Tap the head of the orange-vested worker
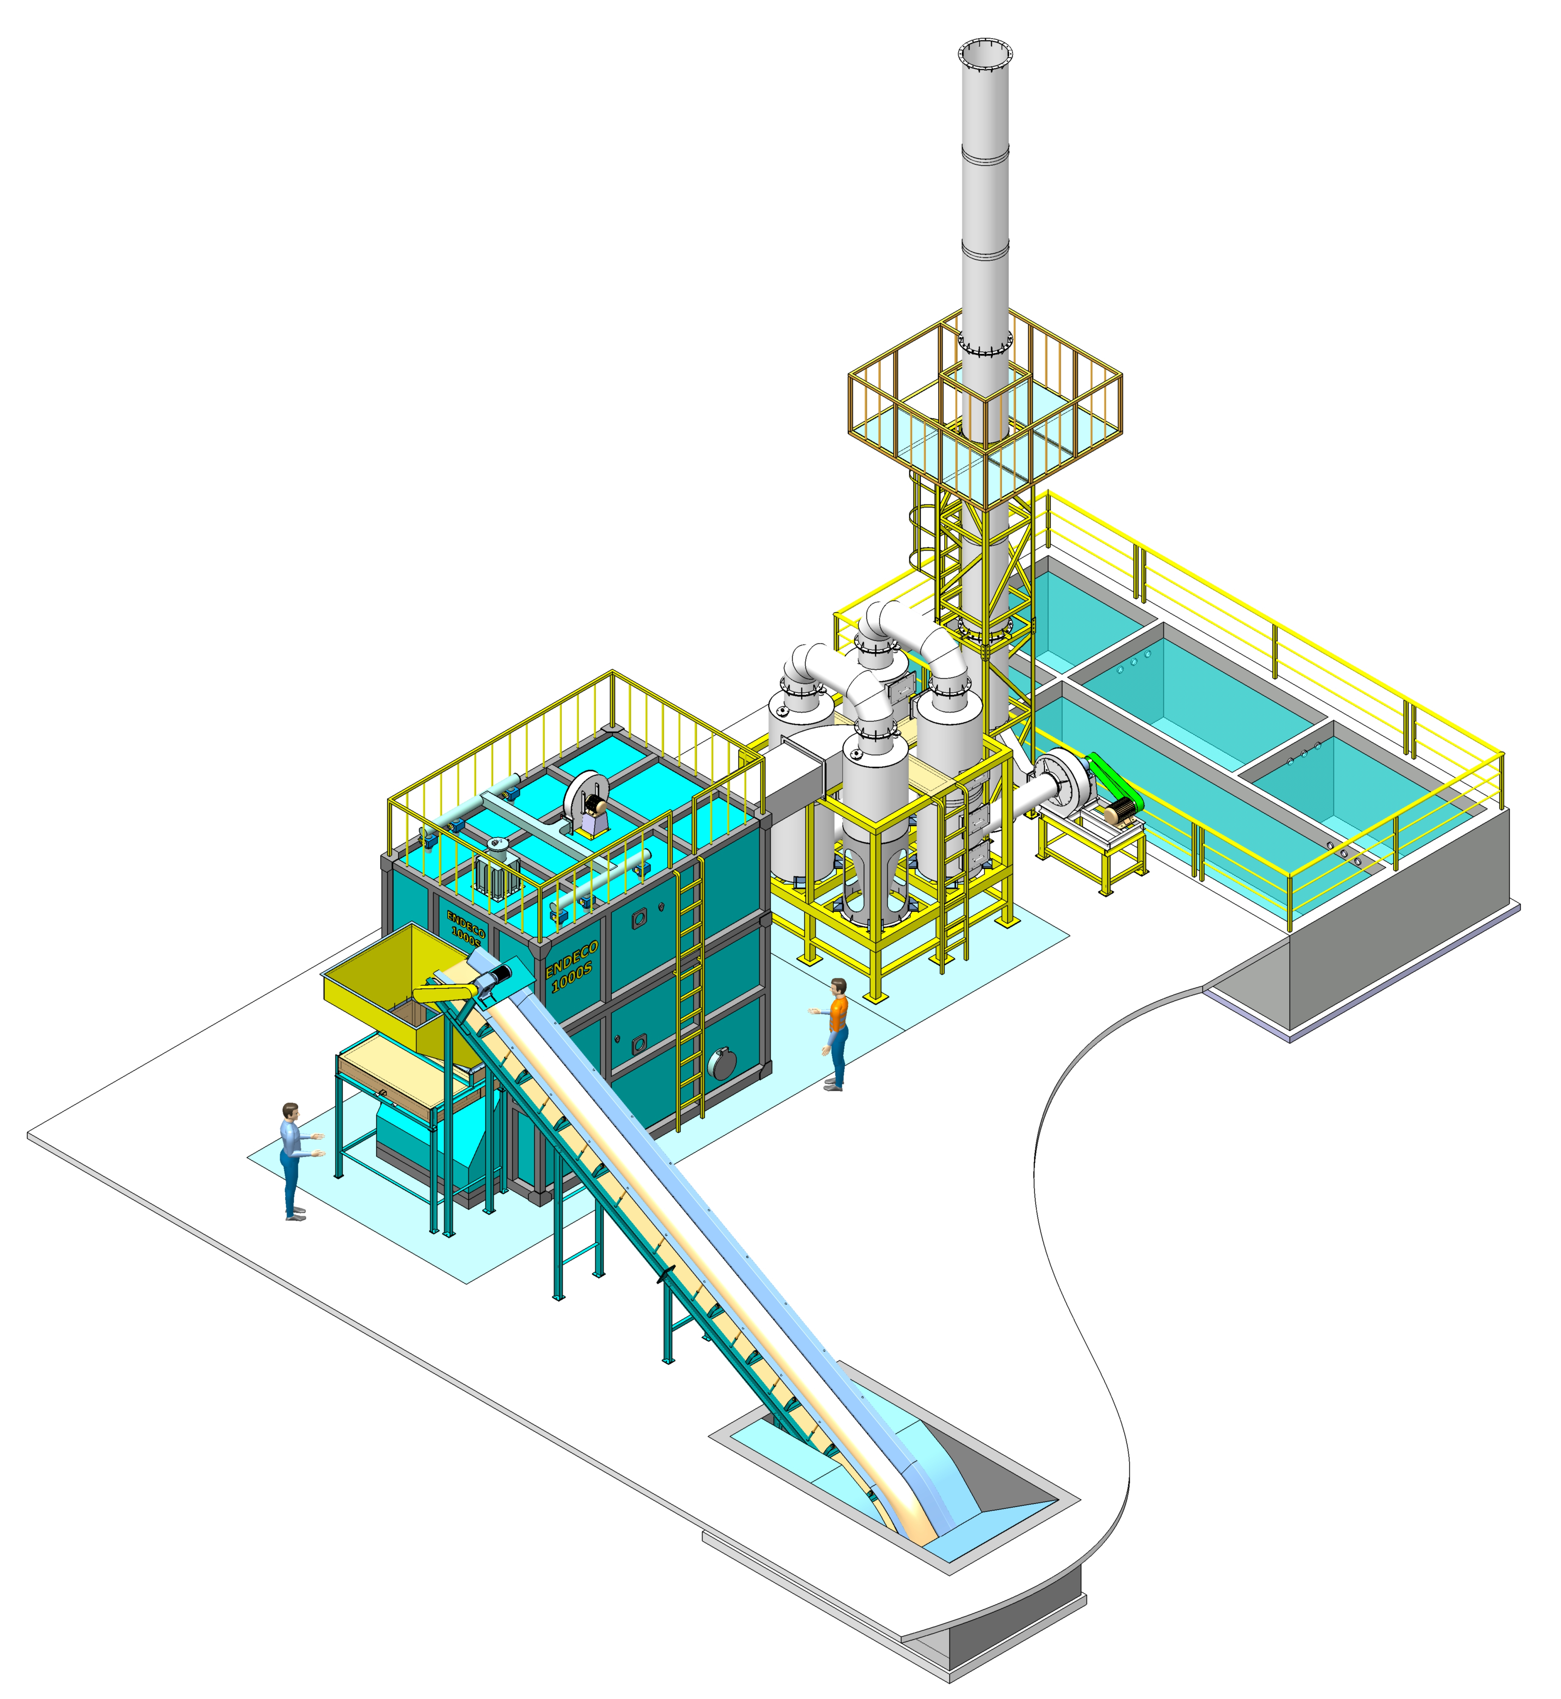[838, 987]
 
